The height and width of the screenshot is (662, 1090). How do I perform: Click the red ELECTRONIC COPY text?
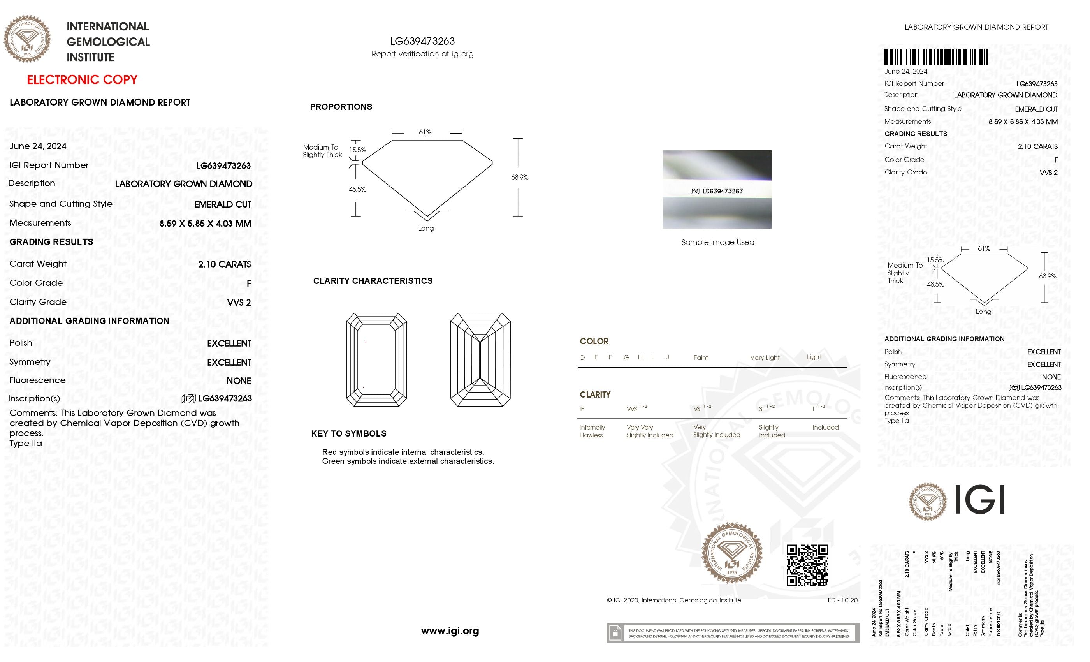82,80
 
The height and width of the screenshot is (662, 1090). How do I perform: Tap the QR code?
807,565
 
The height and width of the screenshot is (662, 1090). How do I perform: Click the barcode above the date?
935,58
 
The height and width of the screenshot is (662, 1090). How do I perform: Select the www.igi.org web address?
450,630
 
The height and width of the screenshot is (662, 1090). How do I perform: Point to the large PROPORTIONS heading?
341,107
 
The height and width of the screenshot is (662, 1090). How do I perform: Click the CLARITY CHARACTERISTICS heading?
373,281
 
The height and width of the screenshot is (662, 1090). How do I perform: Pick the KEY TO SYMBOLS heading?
348,434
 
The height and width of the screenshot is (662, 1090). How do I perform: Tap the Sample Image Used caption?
717,243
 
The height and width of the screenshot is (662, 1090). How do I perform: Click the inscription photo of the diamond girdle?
717,189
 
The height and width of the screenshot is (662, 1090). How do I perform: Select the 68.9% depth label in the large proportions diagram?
519,177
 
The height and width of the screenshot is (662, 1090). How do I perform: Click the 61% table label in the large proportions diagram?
425,132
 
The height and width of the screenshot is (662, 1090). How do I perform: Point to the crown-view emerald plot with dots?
376,359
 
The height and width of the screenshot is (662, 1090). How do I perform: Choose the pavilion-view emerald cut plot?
480,359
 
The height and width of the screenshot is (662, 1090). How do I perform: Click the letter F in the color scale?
610,357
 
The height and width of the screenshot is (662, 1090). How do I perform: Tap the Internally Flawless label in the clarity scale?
592,431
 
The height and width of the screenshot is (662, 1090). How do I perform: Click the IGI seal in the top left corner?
27,39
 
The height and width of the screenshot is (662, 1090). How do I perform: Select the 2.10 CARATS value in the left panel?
224,264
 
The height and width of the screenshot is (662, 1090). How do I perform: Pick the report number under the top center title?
422,41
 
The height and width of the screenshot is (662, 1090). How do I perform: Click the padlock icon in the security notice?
615,633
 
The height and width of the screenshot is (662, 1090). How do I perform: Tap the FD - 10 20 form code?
842,600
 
